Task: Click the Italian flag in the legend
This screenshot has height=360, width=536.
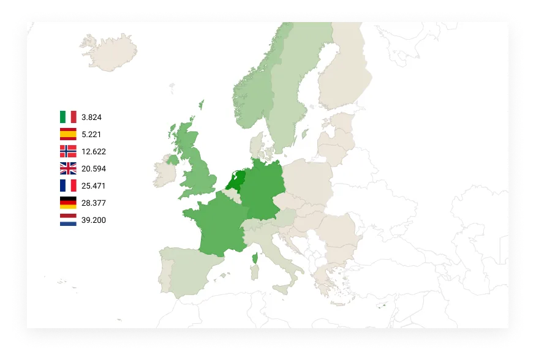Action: click(x=68, y=117)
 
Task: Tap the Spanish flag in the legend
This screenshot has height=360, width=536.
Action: click(x=68, y=134)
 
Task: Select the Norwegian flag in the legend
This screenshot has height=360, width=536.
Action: click(x=68, y=151)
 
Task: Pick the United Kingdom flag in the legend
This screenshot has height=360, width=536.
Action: click(x=68, y=168)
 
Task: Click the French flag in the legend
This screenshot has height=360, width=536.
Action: click(x=68, y=186)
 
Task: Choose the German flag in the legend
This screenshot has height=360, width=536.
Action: click(x=68, y=203)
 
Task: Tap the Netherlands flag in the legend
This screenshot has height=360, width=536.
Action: click(x=68, y=220)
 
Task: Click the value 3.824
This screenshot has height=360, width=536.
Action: click(x=91, y=117)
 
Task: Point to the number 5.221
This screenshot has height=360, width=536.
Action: click(x=91, y=134)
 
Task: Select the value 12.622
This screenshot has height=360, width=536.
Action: click(x=94, y=151)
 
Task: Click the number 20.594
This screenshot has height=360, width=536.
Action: click(x=94, y=168)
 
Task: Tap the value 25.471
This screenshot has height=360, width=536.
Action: click(x=94, y=186)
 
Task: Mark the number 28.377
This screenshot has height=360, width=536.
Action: click(x=94, y=203)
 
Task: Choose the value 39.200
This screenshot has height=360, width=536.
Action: click(x=94, y=220)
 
